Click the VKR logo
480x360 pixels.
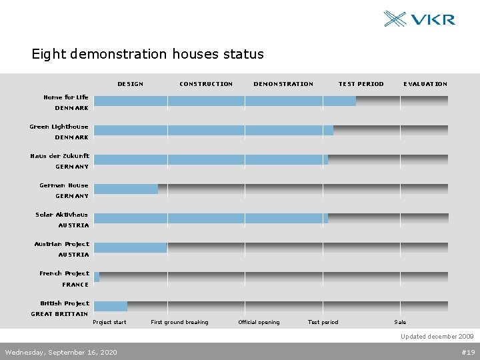tap(419, 19)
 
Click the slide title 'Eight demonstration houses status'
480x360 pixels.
tap(147, 54)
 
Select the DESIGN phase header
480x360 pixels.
tap(130, 84)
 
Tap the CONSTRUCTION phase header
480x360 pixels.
tap(206, 84)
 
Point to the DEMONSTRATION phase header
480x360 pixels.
tap(283, 84)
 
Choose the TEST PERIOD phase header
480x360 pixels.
tap(361, 84)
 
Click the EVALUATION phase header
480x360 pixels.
tap(425, 84)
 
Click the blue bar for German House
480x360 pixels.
tap(126, 189)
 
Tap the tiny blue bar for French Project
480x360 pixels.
tap(97, 277)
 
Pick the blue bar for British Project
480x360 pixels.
tap(111, 306)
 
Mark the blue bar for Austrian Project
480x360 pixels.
tap(131, 247)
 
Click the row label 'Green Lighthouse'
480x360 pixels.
tap(59, 127)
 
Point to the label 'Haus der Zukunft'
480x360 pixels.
tap(59, 156)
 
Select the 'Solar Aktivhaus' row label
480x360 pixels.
tap(61, 215)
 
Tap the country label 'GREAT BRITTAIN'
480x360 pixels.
tap(59, 314)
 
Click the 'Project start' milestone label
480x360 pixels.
tap(109, 323)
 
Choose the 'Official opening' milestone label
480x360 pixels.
tap(259, 323)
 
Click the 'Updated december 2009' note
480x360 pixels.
tap(437, 337)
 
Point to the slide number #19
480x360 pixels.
tap(467, 352)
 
